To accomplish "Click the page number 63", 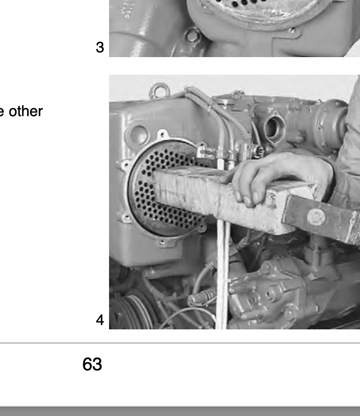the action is (92, 364).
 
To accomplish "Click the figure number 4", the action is (100, 320).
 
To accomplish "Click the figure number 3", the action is (100, 48).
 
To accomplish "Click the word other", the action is (26, 111).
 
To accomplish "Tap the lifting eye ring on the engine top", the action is (160, 90).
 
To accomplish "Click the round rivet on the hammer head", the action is (316, 217).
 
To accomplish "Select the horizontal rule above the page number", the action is (180, 343).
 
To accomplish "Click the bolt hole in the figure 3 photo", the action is (192, 36).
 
